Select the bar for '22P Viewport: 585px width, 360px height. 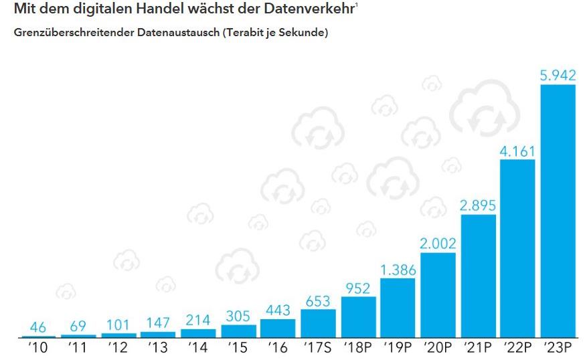pyautogui.click(x=517, y=248)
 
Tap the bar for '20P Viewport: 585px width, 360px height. pyautogui.click(x=438, y=295)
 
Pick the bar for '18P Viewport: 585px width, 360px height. pyautogui.click(x=358, y=317)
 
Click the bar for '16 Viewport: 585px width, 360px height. pyautogui.click(x=278, y=329)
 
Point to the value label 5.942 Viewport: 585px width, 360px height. pyautogui.click(x=558, y=76)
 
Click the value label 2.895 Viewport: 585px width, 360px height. pyautogui.click(x=478, y=206)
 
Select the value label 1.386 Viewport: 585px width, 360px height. pyautogui.click(x=398, y=270)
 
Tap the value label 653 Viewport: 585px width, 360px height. pyautogui.click(x=318, y=302)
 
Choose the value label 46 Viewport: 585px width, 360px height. pyautogui.click(x=38, y=327)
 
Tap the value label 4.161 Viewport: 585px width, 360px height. pyautogui.click(x=517, y=151)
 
